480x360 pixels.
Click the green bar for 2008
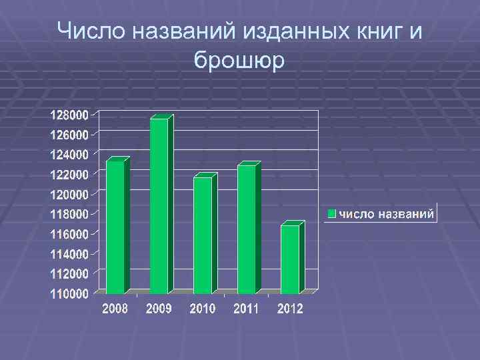[x=115, y=227]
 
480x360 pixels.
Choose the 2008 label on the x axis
[x=115, y=309]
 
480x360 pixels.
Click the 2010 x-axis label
[x=203, y=309]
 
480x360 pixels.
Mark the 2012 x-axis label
[x=290, y=309]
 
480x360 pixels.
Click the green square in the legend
[x=331, y=214]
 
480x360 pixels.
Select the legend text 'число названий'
[x=386, y=214]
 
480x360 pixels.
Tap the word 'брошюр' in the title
[x=239, y=60]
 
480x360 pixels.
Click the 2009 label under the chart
[x=159, y=309]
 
